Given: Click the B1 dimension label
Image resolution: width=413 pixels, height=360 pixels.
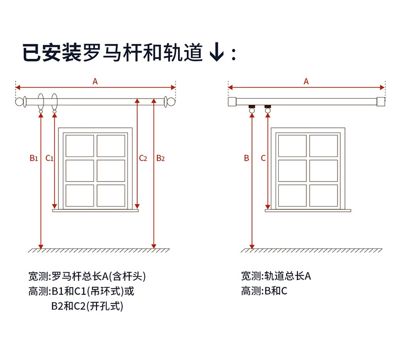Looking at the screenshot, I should click(34, 158).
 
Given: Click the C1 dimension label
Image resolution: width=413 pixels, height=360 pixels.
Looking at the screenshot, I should click(50, 158).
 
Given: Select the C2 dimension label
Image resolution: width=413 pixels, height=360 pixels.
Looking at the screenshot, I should click(143, 158).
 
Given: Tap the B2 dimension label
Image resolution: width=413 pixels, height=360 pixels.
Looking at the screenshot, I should click(161, 158).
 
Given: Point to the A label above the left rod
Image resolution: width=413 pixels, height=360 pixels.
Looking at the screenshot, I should click(95, 81).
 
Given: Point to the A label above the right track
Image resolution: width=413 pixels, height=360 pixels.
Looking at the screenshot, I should click(306, 81).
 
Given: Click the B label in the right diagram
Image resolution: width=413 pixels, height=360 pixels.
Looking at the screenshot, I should click(246, 158).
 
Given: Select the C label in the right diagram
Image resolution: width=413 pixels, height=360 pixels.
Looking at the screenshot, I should click(263, 158).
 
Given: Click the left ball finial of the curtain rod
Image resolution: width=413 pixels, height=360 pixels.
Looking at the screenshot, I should click(21, 102).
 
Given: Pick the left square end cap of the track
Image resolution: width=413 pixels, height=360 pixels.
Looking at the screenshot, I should click(232, 101).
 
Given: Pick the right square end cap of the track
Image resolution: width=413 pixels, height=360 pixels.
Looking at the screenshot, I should click(381, 101).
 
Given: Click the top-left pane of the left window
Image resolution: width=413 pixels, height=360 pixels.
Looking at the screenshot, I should click(80, 146).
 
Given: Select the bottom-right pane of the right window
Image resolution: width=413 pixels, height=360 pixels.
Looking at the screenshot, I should click(323, 195).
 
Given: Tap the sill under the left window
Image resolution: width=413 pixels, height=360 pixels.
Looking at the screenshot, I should click(96, 210).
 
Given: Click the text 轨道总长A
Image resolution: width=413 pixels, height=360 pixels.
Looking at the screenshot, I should click(287, 276).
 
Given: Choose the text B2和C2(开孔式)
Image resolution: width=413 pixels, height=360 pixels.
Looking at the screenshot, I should click(87, 306).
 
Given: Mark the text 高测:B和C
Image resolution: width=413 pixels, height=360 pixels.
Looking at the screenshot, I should click(264, 291).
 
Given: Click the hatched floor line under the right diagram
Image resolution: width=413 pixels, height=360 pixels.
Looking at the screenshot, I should click(312, 251).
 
